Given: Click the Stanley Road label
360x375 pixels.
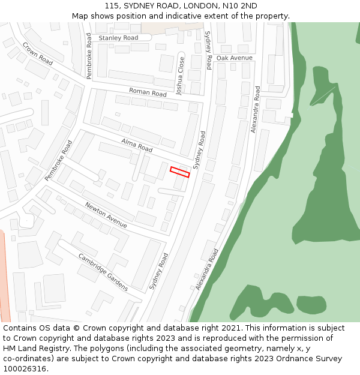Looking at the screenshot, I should [x=118, y=38].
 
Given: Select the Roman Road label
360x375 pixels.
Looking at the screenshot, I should [x=148, y=93].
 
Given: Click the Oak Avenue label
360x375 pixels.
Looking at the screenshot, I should [x=235, y=58].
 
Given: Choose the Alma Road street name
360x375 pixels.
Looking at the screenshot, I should [x=137, y=145].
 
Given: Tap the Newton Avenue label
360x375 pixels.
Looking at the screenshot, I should [x=106, y=215].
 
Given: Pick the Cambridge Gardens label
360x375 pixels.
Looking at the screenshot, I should [x=103, y=272].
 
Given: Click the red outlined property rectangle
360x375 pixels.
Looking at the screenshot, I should [x=179, y=172].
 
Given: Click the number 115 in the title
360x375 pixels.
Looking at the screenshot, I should [x=112, y=6].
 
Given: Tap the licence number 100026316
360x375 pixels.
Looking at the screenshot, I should [x=25, y=369].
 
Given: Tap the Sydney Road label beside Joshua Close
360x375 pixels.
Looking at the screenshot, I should [x=208, y=50].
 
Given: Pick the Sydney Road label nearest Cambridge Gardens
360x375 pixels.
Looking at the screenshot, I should [x=160, y=272].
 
